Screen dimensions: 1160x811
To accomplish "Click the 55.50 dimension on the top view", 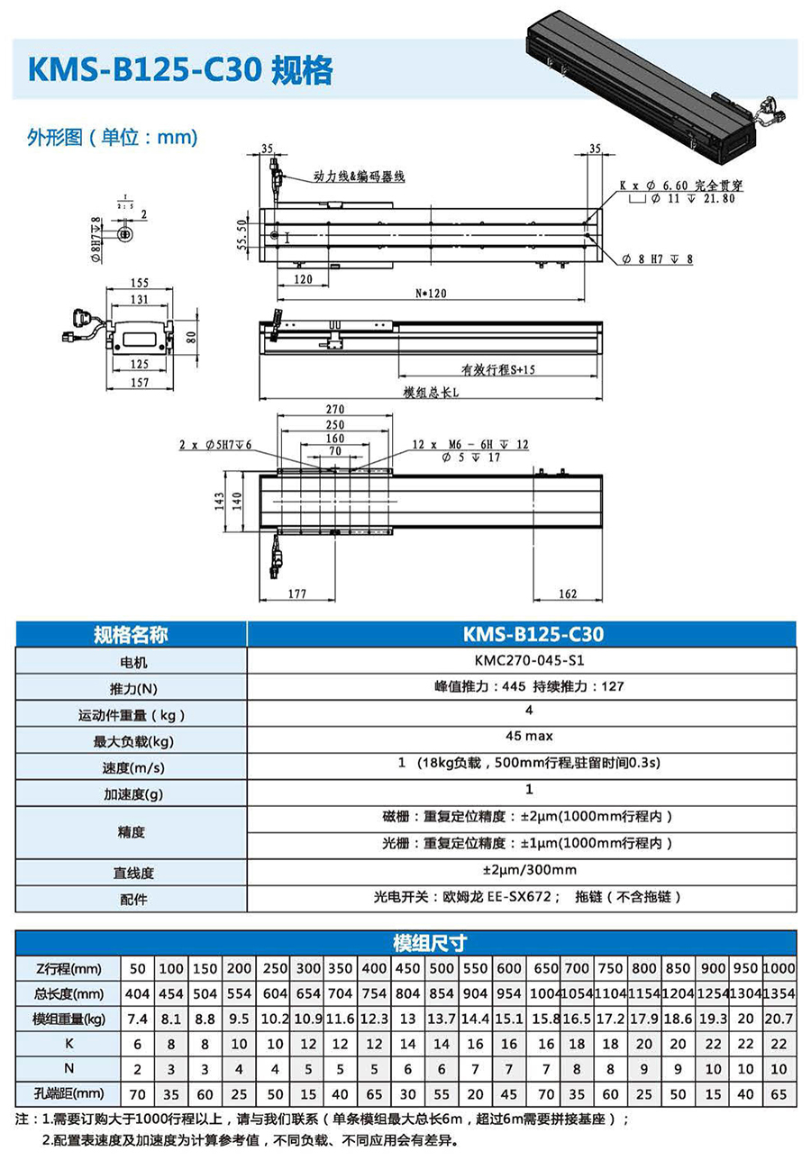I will click(241, 233).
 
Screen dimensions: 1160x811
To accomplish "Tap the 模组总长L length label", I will click(432, 393).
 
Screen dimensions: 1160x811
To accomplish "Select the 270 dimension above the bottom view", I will click(334, 409).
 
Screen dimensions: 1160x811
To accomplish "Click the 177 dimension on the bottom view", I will click(297, 594).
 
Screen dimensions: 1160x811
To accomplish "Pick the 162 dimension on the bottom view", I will click(568, 594).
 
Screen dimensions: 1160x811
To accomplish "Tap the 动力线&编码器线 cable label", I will click(359, 177).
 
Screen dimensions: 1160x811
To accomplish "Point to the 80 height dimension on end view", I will click(191, 337).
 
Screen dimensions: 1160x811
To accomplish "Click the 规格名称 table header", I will click(131, 634).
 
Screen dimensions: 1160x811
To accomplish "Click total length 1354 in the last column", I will click(779, 993).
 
